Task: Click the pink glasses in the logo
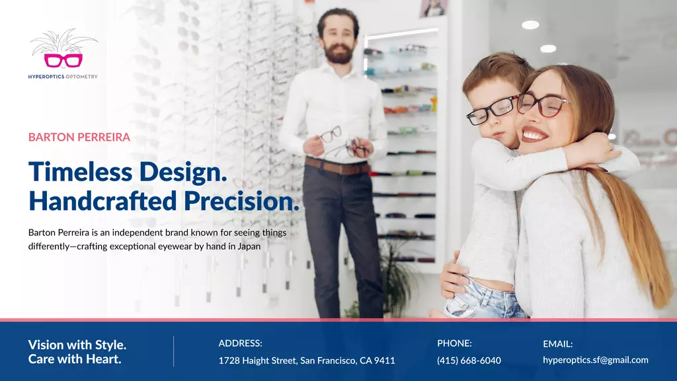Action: pyautogui.click(x=63, y=60)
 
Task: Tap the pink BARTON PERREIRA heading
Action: pyautogui.click(x=79, y=137)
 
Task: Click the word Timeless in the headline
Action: pyautogui.click(x=80, y=171)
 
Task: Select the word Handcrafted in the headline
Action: pyautogui.click(x=102, y=201)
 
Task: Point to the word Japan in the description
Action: pyautogui.click(x=249, y=247)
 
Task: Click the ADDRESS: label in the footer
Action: pyautogui.click(x=240, y=343)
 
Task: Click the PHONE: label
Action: pyautogui.click(x=454, y=343)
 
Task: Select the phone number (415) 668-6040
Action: pyautogui.click(x=469, y=360)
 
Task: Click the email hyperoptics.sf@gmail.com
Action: pyautogui.click(x=596, y=360)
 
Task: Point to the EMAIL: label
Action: pyautogui.click(x=557, y=344)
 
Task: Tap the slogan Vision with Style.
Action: pyautogui.click(x=77, y=345)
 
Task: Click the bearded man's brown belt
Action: pyautogui.click(x=337, y=166)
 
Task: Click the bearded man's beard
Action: pyautogui.click(x=338, y=54)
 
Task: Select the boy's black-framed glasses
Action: pyautogui.click(x=491, y=110)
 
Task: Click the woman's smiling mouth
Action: pyautogui.click(x=534, y=134)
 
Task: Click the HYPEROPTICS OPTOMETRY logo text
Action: pyautogui.click(x=63, y=77)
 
